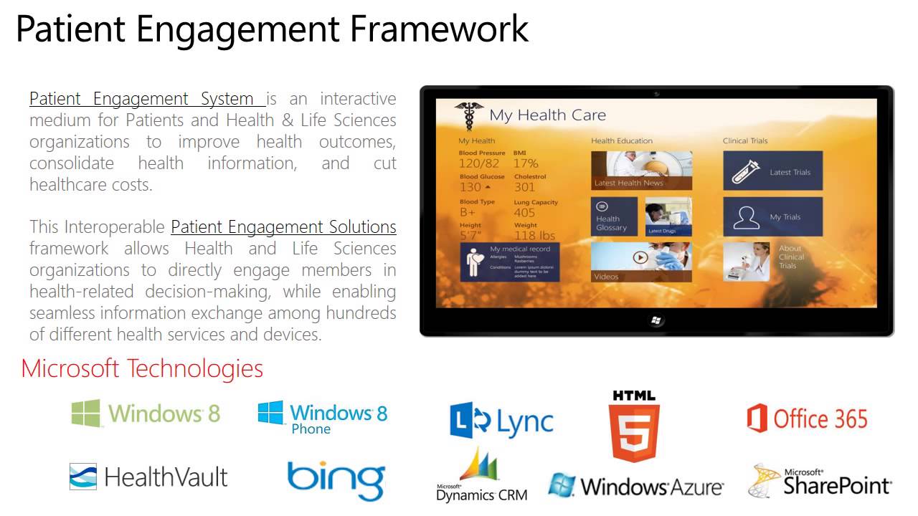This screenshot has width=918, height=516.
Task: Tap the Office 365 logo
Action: coord(807,419)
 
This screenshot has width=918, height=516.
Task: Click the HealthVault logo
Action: coord(148,477)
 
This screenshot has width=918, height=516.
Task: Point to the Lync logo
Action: coord(501,421)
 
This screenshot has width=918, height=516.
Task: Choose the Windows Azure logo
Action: coord(635,487)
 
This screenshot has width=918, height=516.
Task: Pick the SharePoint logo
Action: coord(820,482)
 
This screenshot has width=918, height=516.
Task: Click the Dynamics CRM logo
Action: coord(481,476)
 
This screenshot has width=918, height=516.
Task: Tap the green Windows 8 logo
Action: coord(146,414)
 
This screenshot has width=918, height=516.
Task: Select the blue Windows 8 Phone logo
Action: coord(323,417)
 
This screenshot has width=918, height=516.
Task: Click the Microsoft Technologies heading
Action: coord(142,368)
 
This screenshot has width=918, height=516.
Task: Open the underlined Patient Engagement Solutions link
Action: coord(283,227)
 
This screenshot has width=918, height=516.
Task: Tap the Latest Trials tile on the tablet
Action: coord(772,171)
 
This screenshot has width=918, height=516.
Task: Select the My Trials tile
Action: coord(772,216)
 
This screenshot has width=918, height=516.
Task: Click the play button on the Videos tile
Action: coord(640,257)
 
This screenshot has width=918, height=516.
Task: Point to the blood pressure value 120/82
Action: coord(478,164)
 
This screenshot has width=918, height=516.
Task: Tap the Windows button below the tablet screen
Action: coord(656,320)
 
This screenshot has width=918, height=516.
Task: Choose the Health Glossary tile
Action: coord(615,217)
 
